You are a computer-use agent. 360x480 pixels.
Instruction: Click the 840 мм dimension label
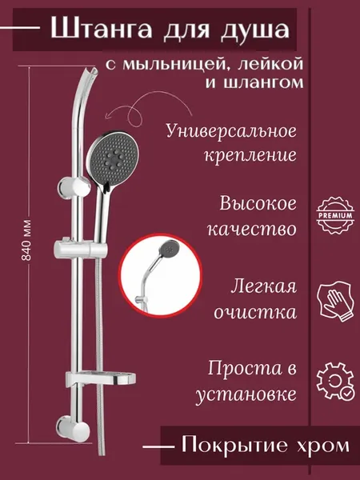(x=26, y=240)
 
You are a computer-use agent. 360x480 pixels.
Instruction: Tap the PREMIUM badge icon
(x=335, y=215)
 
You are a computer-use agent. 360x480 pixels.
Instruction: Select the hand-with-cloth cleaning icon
(x=334, y=302)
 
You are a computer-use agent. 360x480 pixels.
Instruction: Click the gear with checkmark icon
(x=335, y=382)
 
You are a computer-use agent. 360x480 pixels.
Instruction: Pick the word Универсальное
(x=231, y=131)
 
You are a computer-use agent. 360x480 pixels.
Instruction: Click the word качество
(x=252, y=229)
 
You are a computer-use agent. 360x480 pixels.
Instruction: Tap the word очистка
(x=255, y=312)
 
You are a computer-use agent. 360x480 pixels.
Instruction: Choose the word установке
(x=246, y=394)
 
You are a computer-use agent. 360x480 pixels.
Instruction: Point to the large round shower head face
(x=113, y=159)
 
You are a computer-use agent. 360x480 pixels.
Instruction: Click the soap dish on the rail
(x=101, y=379)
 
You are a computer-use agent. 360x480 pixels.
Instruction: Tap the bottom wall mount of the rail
(x=74, y=429)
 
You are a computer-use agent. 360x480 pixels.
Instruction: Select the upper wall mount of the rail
(x=74, y=188)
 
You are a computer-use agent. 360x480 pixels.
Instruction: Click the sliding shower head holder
(x=81, y=248)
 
